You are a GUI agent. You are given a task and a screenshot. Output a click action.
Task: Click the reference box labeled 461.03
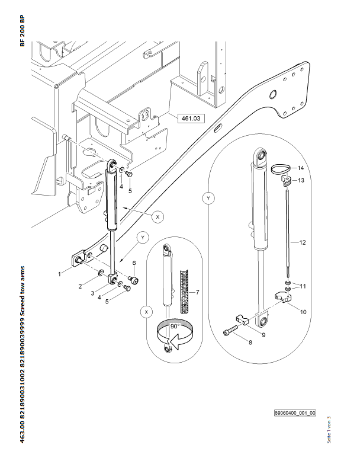point(190,119)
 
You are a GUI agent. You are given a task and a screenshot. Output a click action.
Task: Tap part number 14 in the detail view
point(300,168)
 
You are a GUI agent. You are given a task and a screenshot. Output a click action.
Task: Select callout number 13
point(300,180)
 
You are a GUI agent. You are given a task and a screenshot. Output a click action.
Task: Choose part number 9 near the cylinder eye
point(263,335)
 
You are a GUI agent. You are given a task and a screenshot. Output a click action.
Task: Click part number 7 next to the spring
point(197,293)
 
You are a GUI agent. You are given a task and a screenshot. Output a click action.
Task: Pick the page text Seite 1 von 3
point(329,428)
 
